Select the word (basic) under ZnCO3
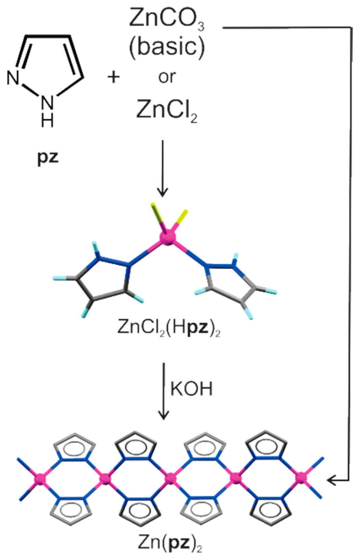coord(167,47)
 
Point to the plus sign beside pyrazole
coord(114,77)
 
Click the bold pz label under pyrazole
coord(48,158)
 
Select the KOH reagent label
coord(191,389)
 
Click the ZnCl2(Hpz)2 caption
coord(169,327)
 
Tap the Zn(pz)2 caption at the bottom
coord(170,542)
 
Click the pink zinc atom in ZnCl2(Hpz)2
coord(168,237)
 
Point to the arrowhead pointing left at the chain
coord(331,480)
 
